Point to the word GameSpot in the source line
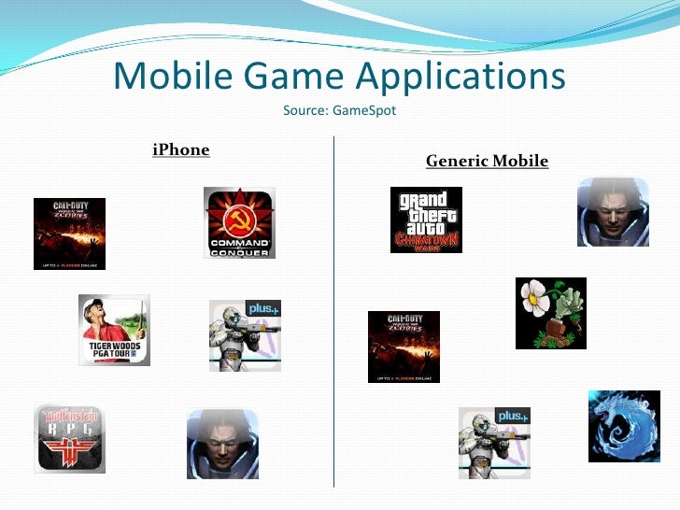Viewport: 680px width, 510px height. (364, 111)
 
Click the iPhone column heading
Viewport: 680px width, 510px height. (181, 149)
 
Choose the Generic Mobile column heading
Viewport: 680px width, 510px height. (487, 161)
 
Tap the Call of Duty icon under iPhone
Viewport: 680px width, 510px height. (69, 234)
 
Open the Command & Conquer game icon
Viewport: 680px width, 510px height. (239, 223)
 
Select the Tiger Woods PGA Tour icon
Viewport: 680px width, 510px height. (114, 330)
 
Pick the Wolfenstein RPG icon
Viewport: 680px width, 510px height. (69, 437)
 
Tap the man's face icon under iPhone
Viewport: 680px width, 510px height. (222, 445)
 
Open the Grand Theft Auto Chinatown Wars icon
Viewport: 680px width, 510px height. (426, 220)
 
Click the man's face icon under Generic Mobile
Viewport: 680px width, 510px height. (612, 212)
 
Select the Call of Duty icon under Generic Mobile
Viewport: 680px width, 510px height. (404, 347)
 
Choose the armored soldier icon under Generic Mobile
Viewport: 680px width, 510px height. (494, 443)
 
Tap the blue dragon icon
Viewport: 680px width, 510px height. (624, 426)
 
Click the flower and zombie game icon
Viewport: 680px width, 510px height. (551, 313)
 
